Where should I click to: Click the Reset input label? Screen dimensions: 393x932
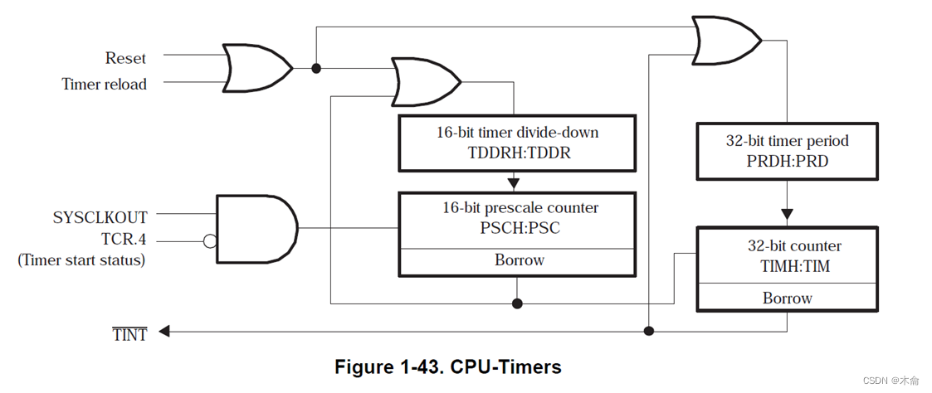pyautogui.click(x=125, y=58)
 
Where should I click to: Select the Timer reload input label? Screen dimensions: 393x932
pyautogui.click(x=104, y=84)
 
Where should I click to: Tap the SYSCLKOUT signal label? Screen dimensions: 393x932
pyautogui.click(x=100, y=217)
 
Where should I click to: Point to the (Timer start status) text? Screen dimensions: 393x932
pyautogui.click(x=81, y=260)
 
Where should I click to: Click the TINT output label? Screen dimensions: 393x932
pyautogui.click(x=129, y=333)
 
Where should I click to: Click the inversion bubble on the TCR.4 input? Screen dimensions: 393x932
pyautogui.click(x=210, y=241)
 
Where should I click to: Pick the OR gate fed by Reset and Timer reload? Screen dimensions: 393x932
pyautogui.click(x=252, y=66)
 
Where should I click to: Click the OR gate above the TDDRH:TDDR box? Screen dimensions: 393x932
pyautogui.click(x=424, y=82)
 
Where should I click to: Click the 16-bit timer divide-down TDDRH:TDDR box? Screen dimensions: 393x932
pyautogui.click(x=517, y=143)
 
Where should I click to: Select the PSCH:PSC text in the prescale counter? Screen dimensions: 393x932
pyautogui.click(x=517, y=227)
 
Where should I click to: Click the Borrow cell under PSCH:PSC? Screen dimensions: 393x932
pyautogui.click(x=518, y=260)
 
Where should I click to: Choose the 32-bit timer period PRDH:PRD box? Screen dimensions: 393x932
pyautogui.click(x=786, y=150)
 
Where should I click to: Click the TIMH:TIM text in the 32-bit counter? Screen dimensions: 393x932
pyautogui.click(x=786, y=266)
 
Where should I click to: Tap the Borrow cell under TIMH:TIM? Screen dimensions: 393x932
pyautogui.click(x=786, y=298)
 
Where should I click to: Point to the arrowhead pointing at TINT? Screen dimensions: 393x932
pyautogui.click(x=164, y=332)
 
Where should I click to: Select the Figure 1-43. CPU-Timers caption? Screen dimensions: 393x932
pyautogui.click(x=447, y=366)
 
